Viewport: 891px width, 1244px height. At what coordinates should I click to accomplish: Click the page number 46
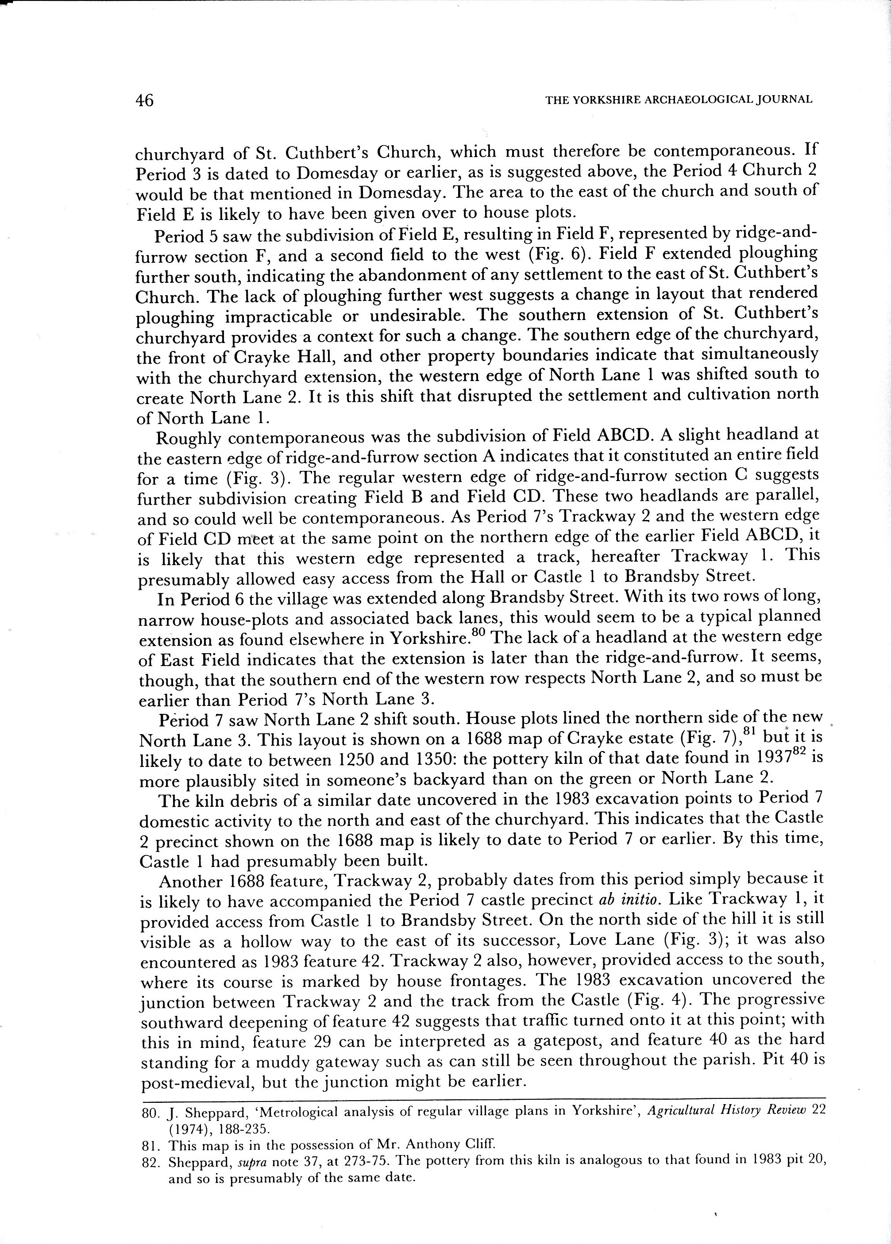[145, 100]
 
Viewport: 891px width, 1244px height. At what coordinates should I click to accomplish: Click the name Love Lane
[612, 940]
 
